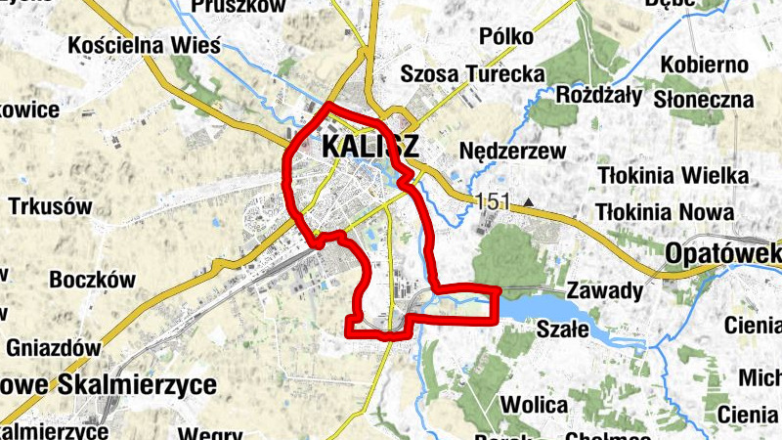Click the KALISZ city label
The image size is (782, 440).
click(369, 148)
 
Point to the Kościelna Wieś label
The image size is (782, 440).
click(144, 45)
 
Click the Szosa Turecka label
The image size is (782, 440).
click(473, 73)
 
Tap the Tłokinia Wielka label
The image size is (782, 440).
click(673, 176)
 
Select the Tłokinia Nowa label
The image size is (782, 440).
click(665, 211)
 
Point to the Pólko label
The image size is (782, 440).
click(507, 37)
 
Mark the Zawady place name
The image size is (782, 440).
click(605, 290)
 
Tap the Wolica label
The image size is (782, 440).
click(534, 405)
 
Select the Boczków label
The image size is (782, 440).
click(92, 279)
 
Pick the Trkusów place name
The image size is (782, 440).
click(50, 207)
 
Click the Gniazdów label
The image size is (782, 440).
click(54, 348)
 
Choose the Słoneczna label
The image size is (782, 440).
click(704, 100)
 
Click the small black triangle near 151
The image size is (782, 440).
click(529, 203)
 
